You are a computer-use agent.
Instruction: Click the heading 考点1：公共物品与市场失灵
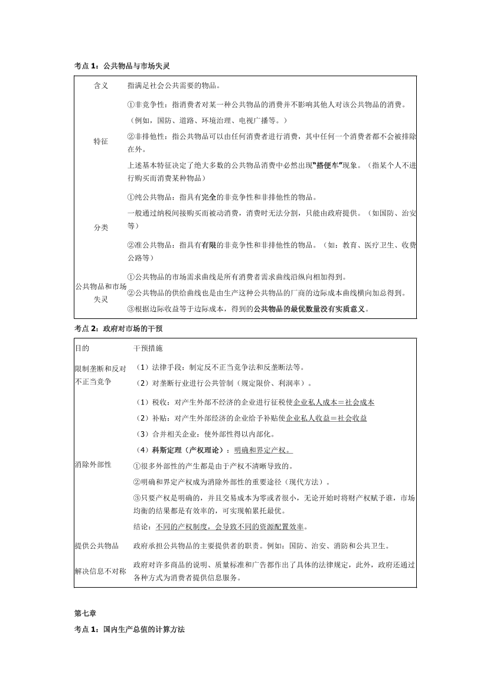pos(123,65)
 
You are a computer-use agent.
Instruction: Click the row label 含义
pos(101,86)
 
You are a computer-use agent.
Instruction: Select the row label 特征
pos(101,142)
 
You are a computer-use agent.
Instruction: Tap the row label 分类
pos(101,227)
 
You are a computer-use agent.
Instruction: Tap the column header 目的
pos(82,348)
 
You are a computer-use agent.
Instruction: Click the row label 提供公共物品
pos(97,545)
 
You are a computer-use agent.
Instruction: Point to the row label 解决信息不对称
pos(100,571)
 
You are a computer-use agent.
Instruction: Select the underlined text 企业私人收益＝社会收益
pos(326,418)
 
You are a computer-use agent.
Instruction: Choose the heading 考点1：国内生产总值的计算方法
pos(130,630)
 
